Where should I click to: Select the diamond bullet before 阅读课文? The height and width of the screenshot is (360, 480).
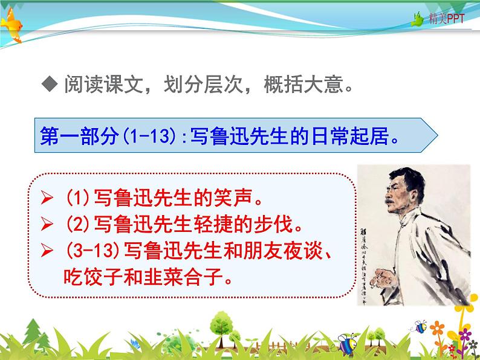click(51, 85)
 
